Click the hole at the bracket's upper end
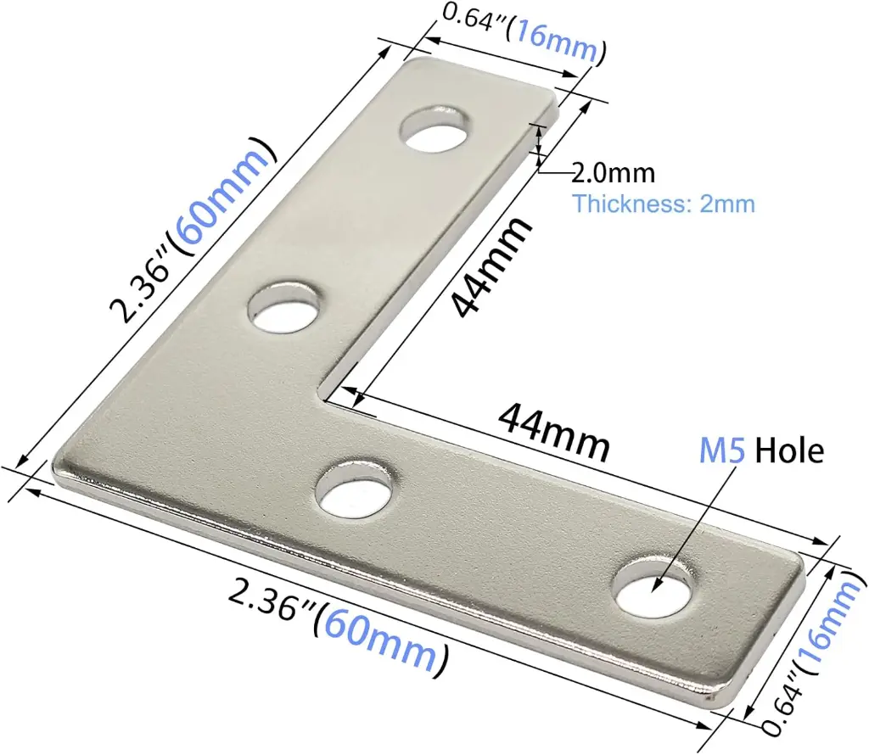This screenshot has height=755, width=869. [439, 130]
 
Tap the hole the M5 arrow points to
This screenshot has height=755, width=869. [654, 587]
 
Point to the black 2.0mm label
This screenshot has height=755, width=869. [613, 174]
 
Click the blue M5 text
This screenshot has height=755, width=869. [722, 450]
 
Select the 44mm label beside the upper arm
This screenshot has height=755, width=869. [491, 265]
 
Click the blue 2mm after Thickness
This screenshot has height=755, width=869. [727, 204]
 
